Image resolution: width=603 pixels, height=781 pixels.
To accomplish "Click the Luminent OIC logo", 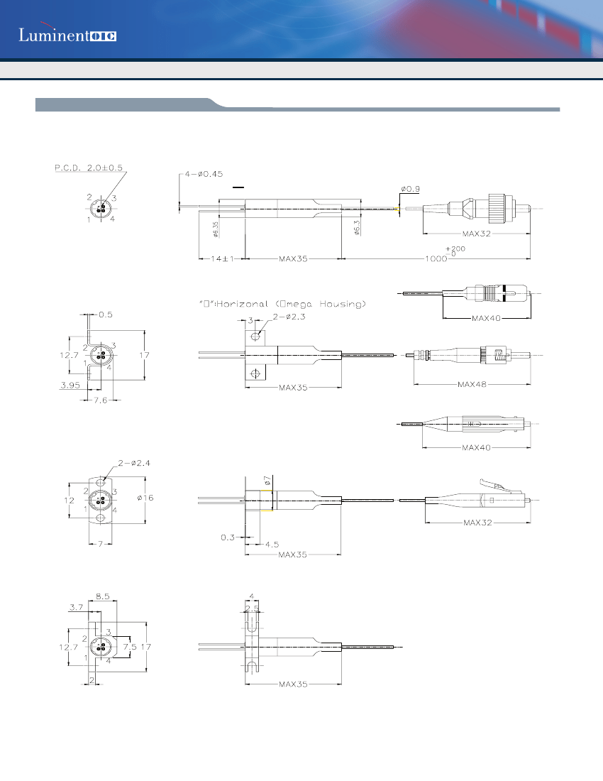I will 67,35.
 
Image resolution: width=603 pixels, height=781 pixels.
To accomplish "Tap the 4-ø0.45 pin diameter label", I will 204,173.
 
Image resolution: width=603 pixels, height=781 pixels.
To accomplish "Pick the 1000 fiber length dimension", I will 436,259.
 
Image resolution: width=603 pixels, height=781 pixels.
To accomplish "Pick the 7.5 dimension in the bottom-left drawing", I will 129,647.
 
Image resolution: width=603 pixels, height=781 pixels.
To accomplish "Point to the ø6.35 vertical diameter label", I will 214,229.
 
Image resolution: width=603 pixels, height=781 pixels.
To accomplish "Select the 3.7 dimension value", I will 77,607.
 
